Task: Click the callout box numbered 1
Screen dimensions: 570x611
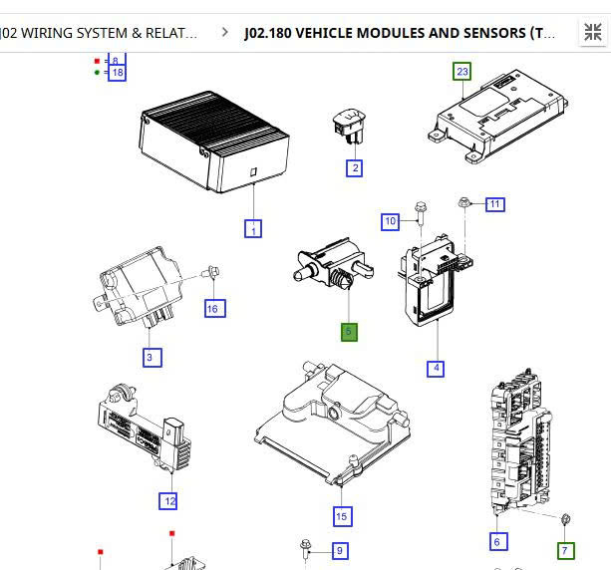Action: click(x=253, y=229)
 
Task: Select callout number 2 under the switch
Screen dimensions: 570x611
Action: click(x=354, y=168)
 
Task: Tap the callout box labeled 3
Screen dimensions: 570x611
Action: click(x=151, y=357)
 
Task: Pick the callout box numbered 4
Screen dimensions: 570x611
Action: click(x=436, y=369)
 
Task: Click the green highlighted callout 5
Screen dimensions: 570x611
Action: click(x=349, y=332)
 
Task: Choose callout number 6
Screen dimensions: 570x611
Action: click(x=497, y=541)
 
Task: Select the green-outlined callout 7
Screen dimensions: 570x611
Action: click(x=565, y=550)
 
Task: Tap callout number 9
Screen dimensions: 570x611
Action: click(x=339, y=550)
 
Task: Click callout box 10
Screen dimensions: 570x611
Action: click(x=391, y=220)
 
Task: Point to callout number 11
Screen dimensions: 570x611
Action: click(x=494, y=204)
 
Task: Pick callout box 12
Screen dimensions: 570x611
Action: click(x=170, y=501)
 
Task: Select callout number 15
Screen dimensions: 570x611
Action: click(x=342, y=515)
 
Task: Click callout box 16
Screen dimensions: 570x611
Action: click(x=212, y=309)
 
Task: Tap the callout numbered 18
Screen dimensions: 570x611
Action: click(x=118, y=73)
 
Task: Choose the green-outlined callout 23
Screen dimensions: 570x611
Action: click(x=461, y=71)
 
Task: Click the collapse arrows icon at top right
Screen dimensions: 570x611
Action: click(x=592, y=32)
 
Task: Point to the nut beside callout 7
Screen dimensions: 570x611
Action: click(x=565, y=519)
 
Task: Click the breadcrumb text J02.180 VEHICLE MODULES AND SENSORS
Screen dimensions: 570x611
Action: click(x=400, y=33)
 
